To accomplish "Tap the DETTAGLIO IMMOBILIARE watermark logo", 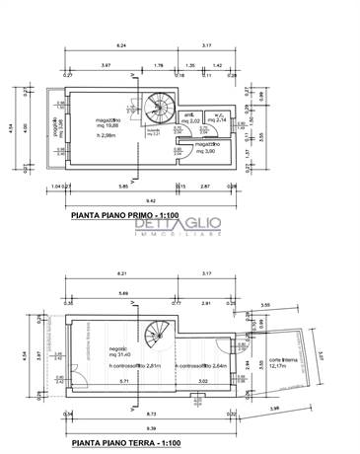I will [180, 229].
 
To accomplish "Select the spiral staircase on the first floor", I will [158, 108].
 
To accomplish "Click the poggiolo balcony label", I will [57, 125].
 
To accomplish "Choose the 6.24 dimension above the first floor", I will [121, 45].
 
